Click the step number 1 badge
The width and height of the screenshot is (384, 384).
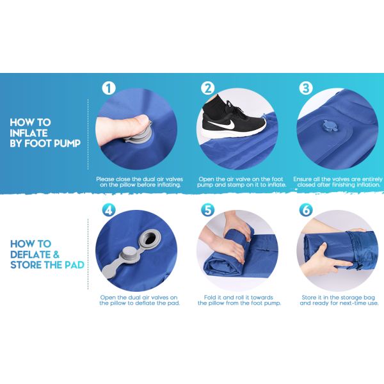coord(109,88)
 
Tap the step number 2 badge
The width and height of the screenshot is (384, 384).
coord(208,88)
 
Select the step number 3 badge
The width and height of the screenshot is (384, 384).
coord(306,88)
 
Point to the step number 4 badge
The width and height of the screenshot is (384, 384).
coord(109,210)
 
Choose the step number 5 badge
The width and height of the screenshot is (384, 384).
coord(207,210)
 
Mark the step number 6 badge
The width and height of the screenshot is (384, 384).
coord(306,210)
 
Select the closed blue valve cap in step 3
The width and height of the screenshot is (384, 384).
coord(328,127)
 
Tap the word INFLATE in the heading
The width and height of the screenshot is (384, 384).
coord(29,133)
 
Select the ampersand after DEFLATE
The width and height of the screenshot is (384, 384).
coord(56,254)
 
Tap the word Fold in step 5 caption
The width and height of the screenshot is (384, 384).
coord(210,298)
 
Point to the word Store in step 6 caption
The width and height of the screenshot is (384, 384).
coord(309,298)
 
